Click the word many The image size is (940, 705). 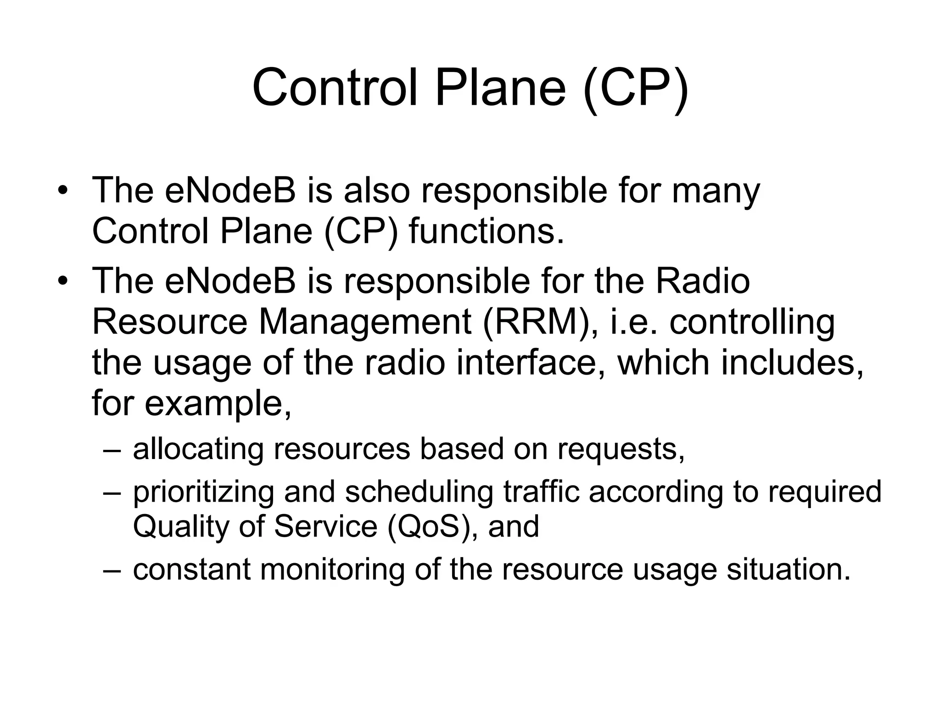tap(716, 192)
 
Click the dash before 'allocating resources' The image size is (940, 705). tap(112, 450)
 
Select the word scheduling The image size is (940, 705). tap(419, 492)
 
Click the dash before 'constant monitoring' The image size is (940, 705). tap(112, 570)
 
